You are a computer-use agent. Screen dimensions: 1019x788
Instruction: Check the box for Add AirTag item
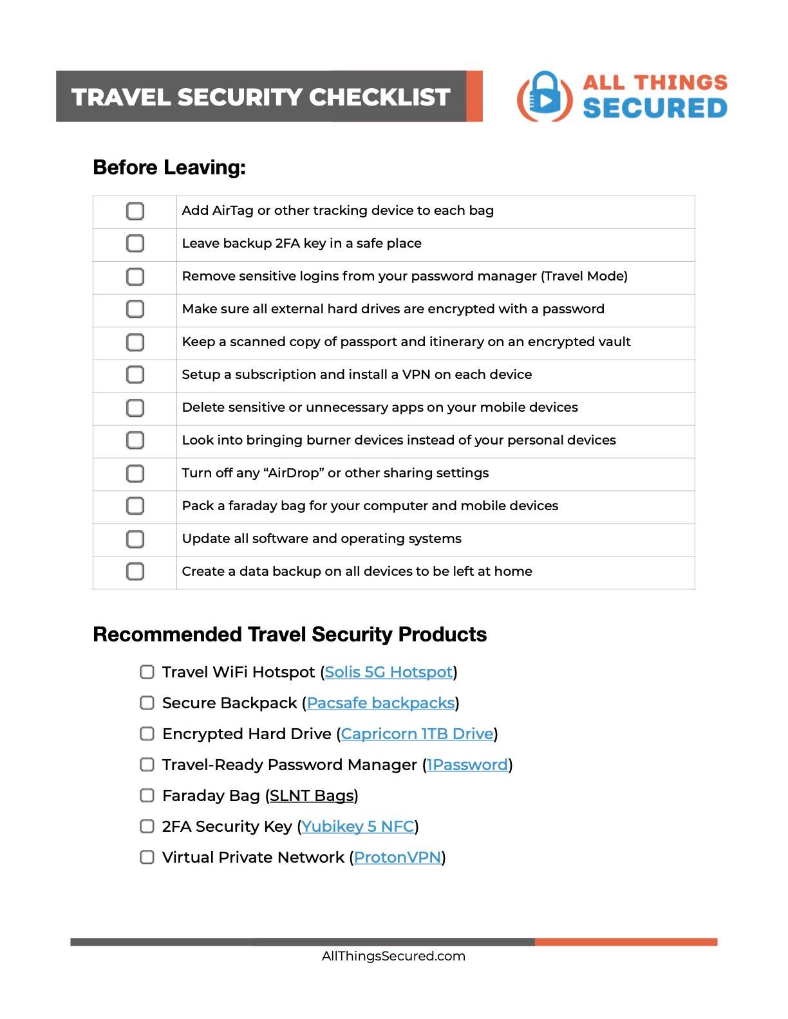pos(135,211)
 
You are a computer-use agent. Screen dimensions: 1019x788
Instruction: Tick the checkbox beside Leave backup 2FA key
pos(135,244)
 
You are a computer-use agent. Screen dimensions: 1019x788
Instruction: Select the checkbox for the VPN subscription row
pos(135,374)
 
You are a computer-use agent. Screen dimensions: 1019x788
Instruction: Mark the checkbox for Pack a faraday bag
pos(135,506)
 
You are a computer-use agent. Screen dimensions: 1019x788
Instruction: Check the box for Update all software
pos(135,538)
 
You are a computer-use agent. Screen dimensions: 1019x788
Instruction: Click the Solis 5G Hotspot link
pos(388,672)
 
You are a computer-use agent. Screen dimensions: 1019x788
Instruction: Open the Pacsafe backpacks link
pos(380,703)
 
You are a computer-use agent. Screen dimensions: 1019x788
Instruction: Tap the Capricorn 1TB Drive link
pos(417,734)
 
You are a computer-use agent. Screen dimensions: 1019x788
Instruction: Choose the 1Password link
pos(467,765)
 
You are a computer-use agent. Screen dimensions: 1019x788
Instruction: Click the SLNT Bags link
pos(312,796)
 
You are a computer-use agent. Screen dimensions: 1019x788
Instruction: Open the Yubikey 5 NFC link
pos(357,827)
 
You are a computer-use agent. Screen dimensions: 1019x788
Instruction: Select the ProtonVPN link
pos(397,858)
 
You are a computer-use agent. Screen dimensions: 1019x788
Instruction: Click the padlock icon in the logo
pos(545,96)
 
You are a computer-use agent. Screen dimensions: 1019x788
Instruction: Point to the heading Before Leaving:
pos(169,167)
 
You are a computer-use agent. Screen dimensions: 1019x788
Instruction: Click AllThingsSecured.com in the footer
pos(393,956)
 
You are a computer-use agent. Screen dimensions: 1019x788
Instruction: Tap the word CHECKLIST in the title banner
pos(379,97)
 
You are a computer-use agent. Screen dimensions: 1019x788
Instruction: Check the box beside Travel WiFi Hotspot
pos(147,672)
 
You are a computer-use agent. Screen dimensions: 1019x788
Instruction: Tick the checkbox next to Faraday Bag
pos(147,796)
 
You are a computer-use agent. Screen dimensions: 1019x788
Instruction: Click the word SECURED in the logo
pos(655,108)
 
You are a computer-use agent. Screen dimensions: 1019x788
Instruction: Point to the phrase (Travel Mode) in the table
pos(584,277)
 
